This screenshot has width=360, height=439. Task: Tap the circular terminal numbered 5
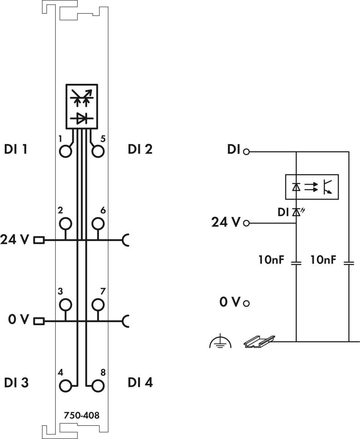(98, 151)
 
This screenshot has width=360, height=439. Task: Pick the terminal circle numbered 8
(98, 386)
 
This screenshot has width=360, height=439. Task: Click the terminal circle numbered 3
(66, 304)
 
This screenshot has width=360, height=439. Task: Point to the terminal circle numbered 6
(98, 223)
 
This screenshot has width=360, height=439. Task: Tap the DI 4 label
(141, 383)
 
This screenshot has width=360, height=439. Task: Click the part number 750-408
(81, 416)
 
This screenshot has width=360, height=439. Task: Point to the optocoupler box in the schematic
(312, 187)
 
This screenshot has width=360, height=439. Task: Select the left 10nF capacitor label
(271, 260)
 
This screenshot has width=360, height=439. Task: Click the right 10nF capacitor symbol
(349, 263)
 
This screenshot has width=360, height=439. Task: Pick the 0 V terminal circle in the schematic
(246, 303)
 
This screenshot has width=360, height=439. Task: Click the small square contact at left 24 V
(39, 240)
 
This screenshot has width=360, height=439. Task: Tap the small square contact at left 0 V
(39, 322)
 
